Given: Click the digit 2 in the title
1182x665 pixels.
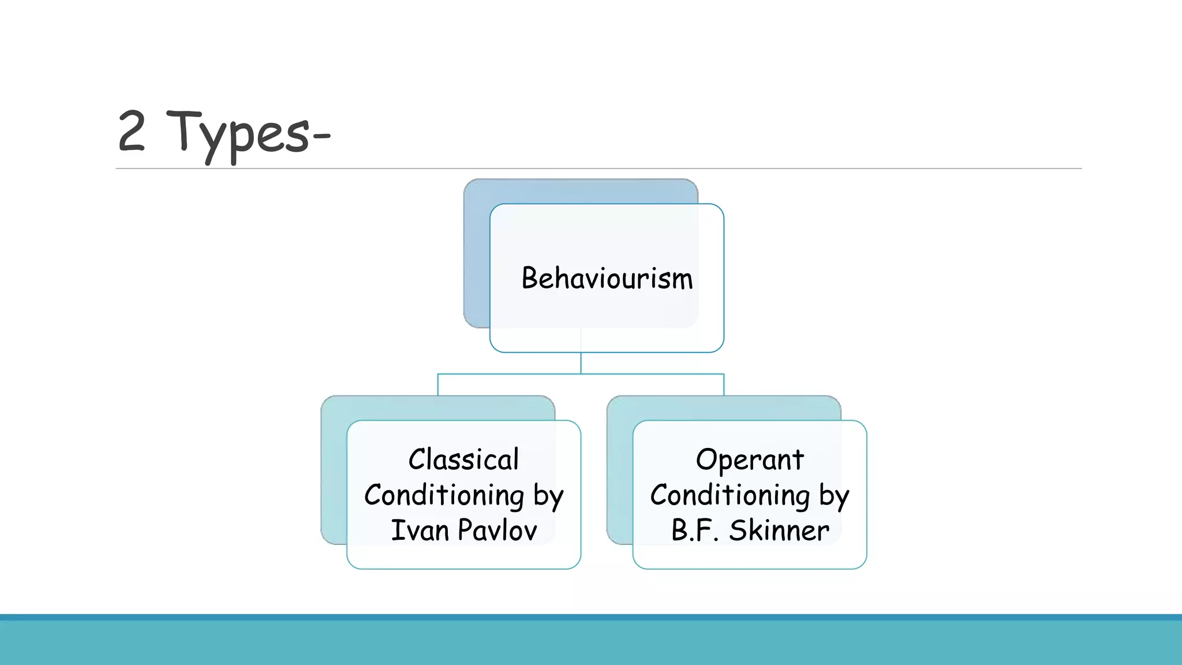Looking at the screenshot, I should pyautogui.click(x=131, y=132).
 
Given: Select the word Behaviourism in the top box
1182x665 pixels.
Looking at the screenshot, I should pyautogui.click(x=607, y=278).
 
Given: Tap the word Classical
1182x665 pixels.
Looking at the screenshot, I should pyautogui.click(x=463, y=459).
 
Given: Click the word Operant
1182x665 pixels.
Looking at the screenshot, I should pyautogui.click(x=749, y=459).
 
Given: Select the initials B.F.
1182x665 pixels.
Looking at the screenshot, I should pyautogui.click(x=694, y=530).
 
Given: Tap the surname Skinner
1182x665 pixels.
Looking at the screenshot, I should pyautogui.click(x=779, y=530).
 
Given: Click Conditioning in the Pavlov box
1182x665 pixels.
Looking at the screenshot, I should pyautogui.click(x=444, y=495).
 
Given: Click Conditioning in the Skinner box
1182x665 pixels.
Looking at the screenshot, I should pyautogui.click(x=730, y=495).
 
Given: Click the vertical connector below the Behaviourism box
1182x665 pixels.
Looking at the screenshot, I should pyautogui.click(x=581, y=363).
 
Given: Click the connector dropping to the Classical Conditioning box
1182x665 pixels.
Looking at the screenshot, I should pyautogui.click(x=438, y=385).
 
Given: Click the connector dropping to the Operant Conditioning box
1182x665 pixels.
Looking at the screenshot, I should pyautogui.click(x=724, y=385).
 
